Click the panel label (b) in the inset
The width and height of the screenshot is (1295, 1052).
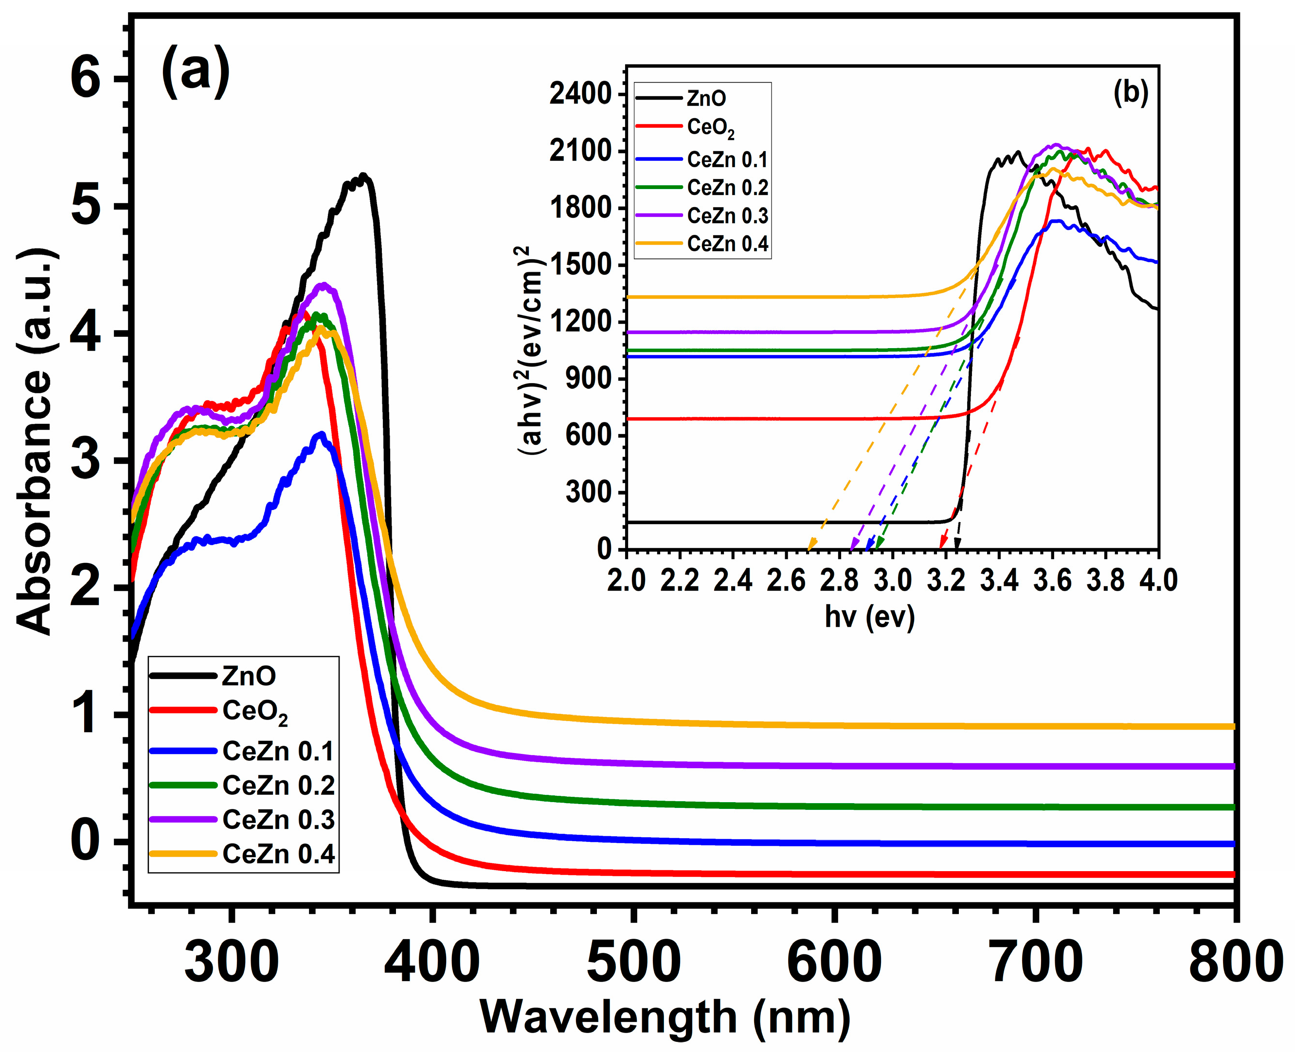pyautogui.click(x=1130, y=94)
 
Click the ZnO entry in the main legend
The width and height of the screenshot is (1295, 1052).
pyautogui.click(x=249, y=676)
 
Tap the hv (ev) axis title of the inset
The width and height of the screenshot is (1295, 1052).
pyautogui.click(x=869, y=617)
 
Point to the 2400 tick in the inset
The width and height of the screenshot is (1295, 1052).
pyautogui.click(x=580, y=94)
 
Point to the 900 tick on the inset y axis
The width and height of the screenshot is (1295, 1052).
pyautogui.click(x=588, y=379)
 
